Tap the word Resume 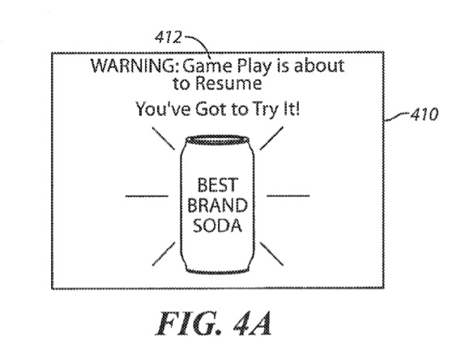point(228,83)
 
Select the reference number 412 point(169,37)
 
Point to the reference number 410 point(425,114)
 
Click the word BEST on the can point(217,185)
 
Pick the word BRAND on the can point(217,205)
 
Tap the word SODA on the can point(217,226)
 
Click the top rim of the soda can point(217,140)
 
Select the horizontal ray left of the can point(147,196)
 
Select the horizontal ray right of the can point(288,196)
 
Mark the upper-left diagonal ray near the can point(164,139)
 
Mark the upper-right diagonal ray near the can point(271,138)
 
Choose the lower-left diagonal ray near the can point(164,254)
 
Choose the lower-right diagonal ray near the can point(271,254)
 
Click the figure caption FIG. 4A point(214,324)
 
